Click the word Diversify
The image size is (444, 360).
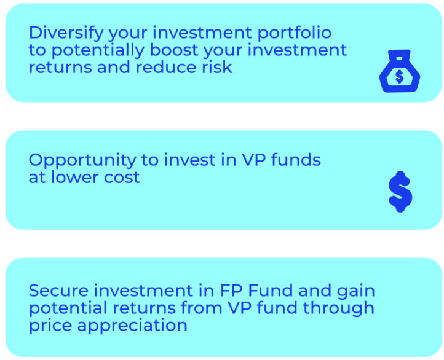coord(66,33)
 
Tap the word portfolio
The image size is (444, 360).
coord(294,33)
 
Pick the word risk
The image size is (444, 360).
coord(216,68)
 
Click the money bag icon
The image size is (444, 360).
coord(400,71)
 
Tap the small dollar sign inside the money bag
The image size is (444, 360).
coord(400,77)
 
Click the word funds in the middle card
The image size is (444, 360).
coord(296,160)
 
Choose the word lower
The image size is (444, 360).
coord(75,178)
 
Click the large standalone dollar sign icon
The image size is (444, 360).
coord(400,192)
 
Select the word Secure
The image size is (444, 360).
coord(58,291)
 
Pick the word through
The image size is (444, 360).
coord(338,309)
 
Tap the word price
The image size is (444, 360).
coord(50,326)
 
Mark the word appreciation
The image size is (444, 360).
coord(132,326)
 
